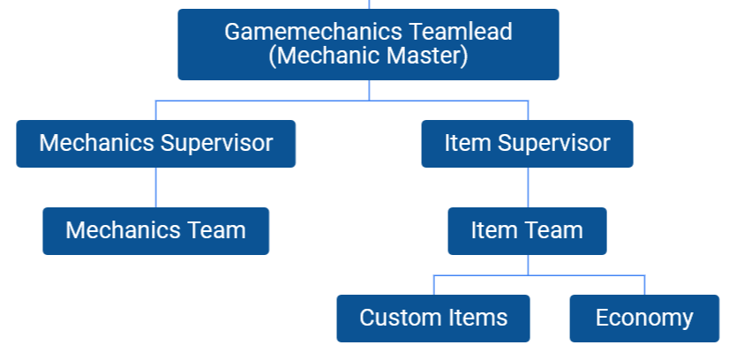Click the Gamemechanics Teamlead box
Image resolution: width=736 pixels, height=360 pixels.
tap(368, 44)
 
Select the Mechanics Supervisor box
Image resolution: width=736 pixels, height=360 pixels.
tap(155, 143)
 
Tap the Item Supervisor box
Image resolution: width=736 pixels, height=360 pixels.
tap(527, 143)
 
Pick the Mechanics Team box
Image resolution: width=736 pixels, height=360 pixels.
tap(155, 231)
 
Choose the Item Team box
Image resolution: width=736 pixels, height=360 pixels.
tap(527, 231)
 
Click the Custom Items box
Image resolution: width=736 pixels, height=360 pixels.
tap(433, 318)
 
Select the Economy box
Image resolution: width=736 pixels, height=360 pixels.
tap(644, 318)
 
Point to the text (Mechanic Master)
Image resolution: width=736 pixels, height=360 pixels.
tap(368, 56)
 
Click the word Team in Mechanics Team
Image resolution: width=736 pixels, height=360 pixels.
tap(217, 231)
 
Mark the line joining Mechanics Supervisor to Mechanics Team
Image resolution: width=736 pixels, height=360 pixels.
tap(156, 187)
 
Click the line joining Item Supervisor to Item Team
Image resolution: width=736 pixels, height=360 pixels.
tap(528, 187)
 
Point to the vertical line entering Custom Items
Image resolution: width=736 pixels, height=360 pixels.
tap(434, 285)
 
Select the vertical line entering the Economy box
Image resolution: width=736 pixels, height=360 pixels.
tap(645, 285)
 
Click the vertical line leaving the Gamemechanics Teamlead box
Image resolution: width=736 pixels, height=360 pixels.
tap(369, 90)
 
